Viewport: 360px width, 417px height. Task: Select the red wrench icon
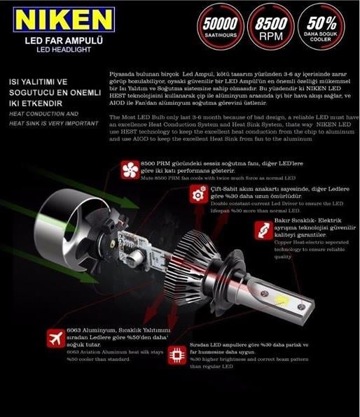[x=262, y=229]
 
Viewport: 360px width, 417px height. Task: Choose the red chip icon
[x=178, y=354]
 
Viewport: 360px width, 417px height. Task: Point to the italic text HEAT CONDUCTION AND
[x=43, y=113]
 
